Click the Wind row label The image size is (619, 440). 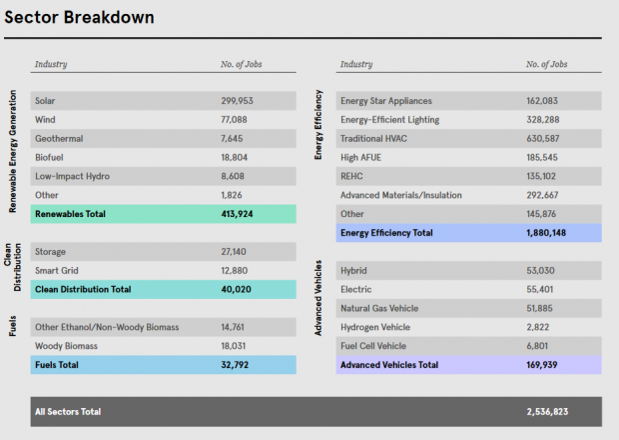[45, 120]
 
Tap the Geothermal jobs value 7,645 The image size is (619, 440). [234, 139]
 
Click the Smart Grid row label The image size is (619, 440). [56, 270]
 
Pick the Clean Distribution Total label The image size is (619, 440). [83, 289]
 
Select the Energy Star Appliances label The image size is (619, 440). [386, 101]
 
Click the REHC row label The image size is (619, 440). [352, 176]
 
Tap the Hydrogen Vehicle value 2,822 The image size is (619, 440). [540, 327]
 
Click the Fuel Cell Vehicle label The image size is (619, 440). [373, 346]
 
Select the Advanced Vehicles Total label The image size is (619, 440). [388, 365]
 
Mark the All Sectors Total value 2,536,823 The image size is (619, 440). [552, 410]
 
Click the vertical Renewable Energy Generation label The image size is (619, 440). [13, 150]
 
